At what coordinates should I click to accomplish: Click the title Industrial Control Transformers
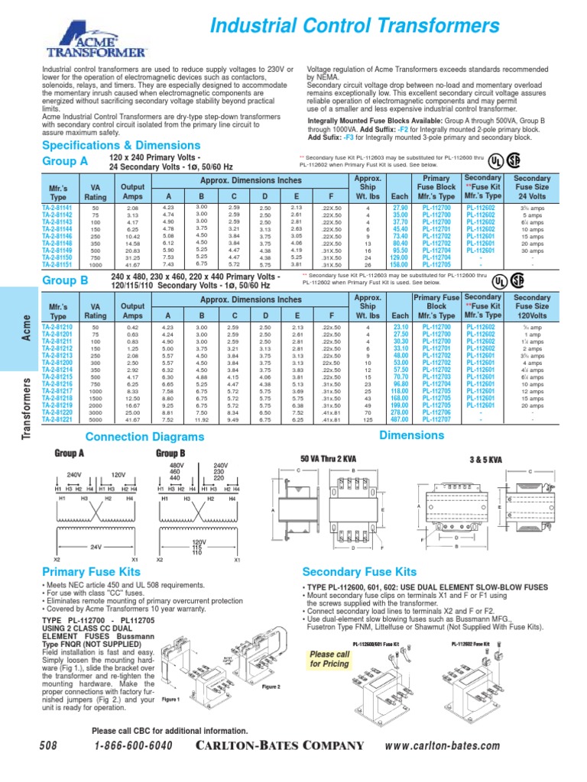coord(353,29)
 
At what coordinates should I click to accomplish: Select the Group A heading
coord(64,160)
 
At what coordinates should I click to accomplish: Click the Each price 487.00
coord(400,419)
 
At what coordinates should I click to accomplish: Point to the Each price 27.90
coord(400,208)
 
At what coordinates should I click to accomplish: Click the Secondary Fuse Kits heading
coord(360,572)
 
